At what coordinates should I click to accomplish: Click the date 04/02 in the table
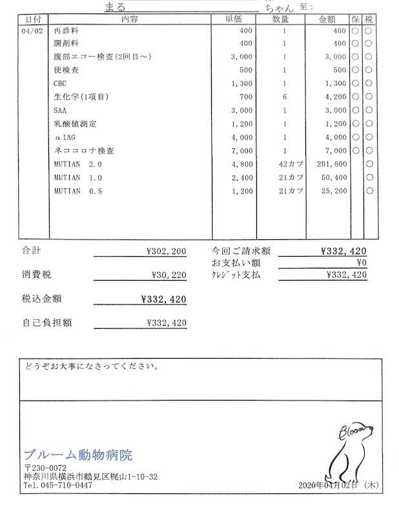[31, 31]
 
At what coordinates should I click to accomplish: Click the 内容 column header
[129, 19]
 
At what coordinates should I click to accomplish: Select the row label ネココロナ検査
[85, 150]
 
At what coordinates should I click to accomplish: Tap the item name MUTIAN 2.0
[78, 164]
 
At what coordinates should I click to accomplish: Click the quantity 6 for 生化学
[284, 97]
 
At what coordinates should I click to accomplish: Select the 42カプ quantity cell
[287, 164]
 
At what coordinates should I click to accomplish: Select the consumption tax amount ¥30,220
[169, 275]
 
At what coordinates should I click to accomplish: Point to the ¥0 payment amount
[361, 263]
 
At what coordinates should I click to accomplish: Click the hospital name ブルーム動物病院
[78, 455]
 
